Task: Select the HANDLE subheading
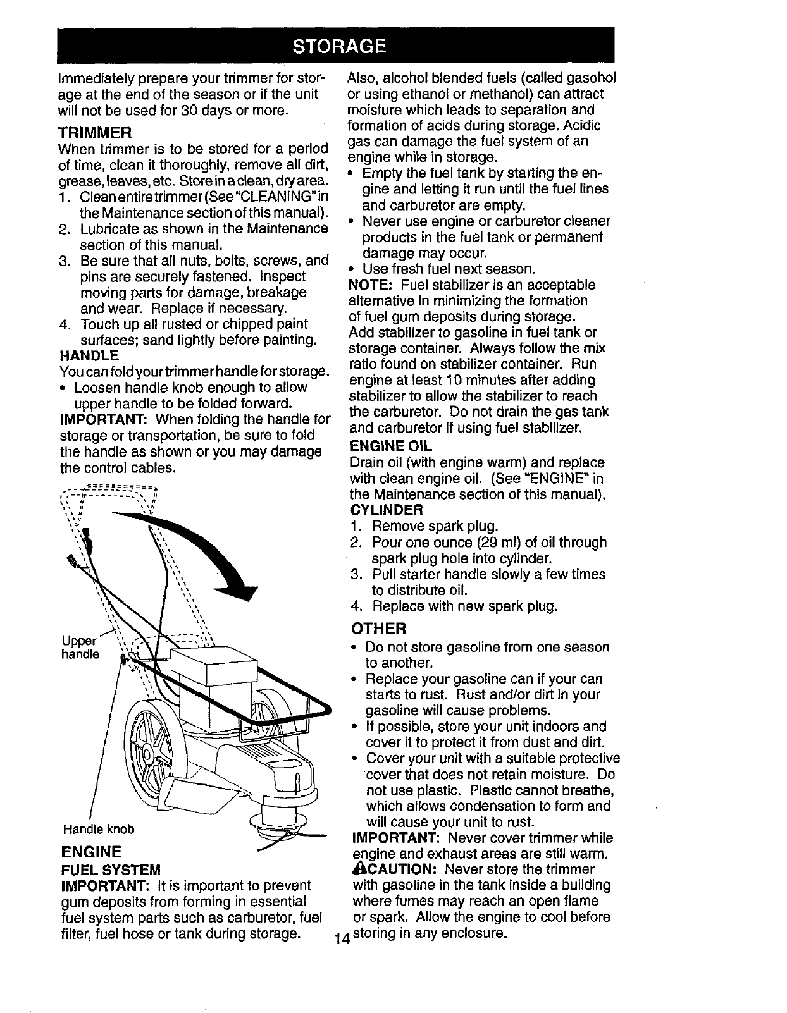(88, 355)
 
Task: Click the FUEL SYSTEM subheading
(109, 868)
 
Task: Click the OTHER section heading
(378, 629)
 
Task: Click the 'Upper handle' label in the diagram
(80, 645)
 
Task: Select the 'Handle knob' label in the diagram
(99, 828)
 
